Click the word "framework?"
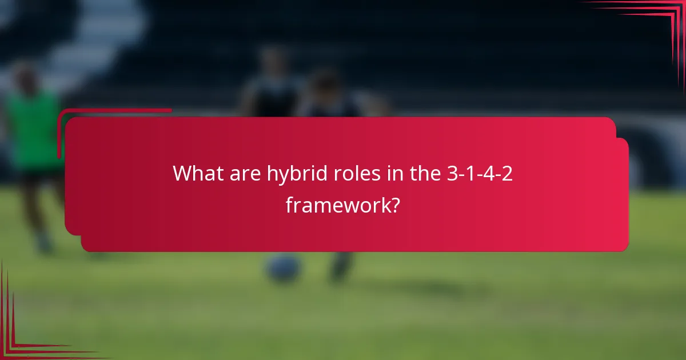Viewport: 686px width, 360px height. [342, 205]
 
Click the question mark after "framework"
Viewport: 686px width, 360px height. [394, 205]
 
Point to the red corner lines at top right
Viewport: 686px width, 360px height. [657, 23]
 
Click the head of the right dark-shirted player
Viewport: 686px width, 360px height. [326, 83]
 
